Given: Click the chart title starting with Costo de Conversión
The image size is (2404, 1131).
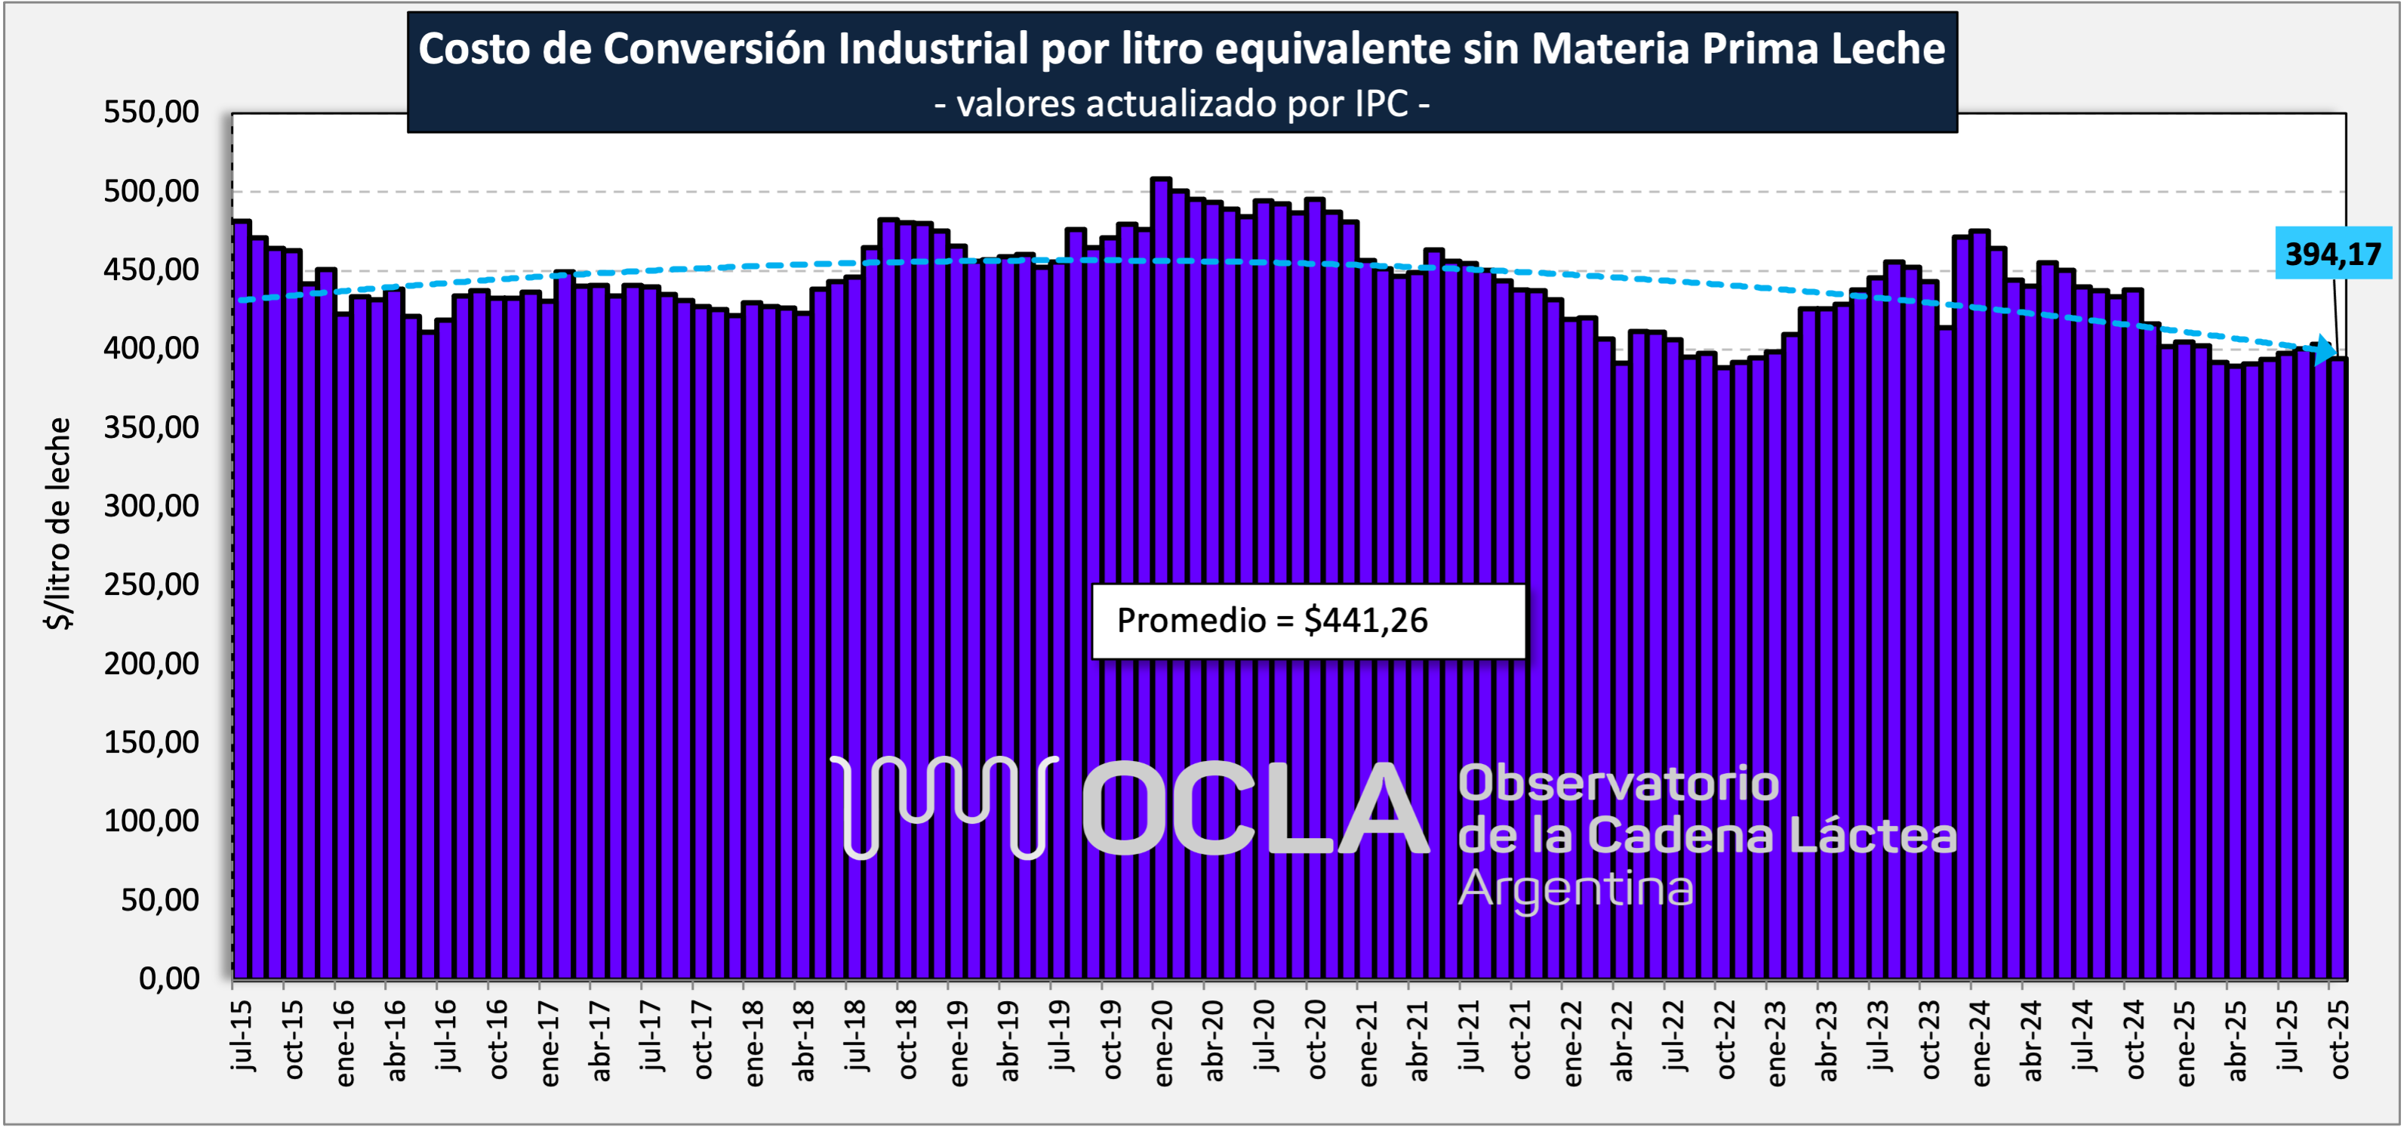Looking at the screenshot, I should pyautogui.click(x=1181, y=48).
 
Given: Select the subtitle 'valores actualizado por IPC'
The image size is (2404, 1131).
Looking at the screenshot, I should pyautogui.click(x=1181, y=103).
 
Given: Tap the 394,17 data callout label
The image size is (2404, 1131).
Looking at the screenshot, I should pyautogui.click(x=2332, y=253).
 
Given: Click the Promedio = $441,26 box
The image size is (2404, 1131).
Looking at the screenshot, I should pyautogui.click(x=1307, y=621).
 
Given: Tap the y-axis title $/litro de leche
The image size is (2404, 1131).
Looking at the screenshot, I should pyautogui.click(x=58, y=523).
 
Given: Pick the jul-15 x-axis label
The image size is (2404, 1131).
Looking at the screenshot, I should pyautogui.click(x=242, y=1036).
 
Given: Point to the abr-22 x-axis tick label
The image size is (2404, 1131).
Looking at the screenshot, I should pyautogui.click(x=1623, y=1041).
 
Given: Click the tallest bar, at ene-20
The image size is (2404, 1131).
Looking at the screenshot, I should pyautogui.click(x=1161, y=578).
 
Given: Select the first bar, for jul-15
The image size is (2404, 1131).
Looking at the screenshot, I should pyautogui.click(x=242, y=597).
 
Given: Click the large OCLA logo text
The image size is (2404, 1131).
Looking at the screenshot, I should pyautogui.click(x=1255, y=808).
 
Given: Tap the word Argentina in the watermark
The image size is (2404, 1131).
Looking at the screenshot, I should pyautogui.click(x=1575, y=889).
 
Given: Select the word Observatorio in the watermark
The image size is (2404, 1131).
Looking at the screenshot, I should pyautogui.click(x=1618, y=783).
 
